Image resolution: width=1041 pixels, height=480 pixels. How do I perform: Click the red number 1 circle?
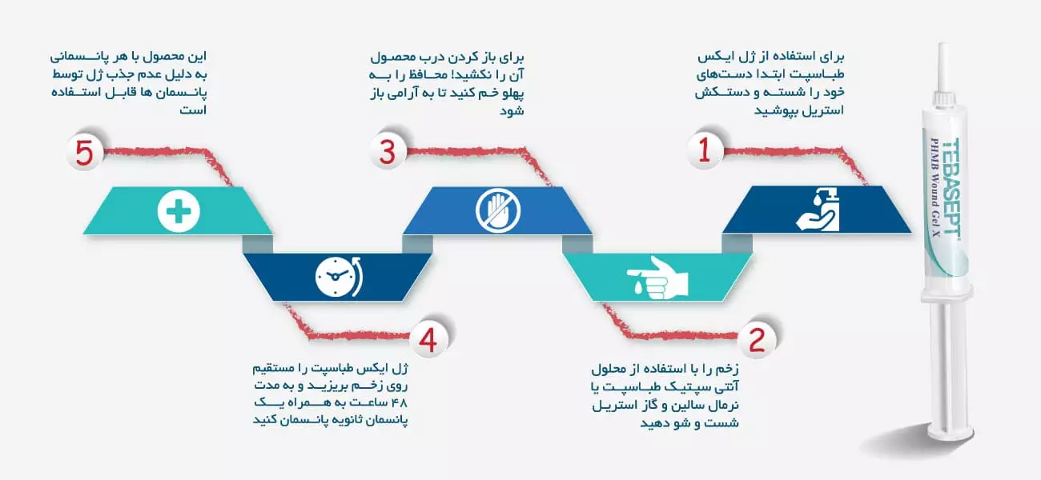pos(705,150)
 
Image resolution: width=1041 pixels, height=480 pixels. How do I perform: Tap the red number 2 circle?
pos(757,339)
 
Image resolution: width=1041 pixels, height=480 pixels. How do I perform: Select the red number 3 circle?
pos(387,151)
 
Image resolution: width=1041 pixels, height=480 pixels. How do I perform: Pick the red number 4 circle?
pos(428,339)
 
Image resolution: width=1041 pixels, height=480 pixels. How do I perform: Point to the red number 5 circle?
pos(84,152)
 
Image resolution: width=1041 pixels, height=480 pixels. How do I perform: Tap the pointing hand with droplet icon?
pos(657,277)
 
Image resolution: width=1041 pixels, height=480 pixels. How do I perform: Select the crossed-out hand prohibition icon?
pos(498,210)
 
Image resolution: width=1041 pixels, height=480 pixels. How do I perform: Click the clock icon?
pos(339,277)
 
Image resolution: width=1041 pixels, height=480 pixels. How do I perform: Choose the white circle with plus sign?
pos(179,211)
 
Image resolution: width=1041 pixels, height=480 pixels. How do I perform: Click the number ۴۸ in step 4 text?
pos(400,402)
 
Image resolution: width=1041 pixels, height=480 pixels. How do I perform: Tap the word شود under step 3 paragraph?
pos(512,111)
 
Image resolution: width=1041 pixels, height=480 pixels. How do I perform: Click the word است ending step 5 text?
pos(193,110)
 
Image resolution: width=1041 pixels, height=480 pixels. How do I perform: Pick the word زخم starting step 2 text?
pos(726,370)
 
